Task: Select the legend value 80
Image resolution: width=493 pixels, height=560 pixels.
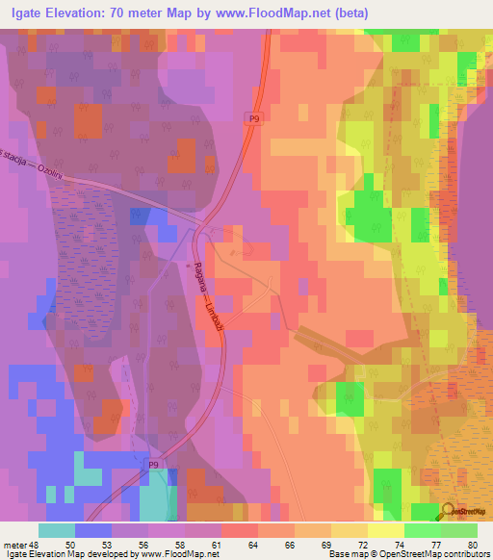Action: point(472,545)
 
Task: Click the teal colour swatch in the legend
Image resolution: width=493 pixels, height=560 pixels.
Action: point(57,530)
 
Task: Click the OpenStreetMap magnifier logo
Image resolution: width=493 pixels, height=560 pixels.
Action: point(450,512)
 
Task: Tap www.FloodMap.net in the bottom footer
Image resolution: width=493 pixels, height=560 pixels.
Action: point(179,554)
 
